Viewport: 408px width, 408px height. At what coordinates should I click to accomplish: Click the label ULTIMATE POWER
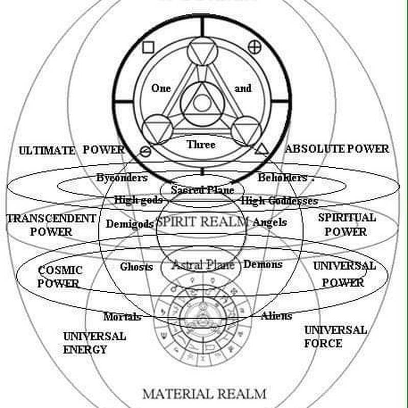coord(71,150)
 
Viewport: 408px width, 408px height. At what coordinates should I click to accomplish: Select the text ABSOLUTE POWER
coord(337,149)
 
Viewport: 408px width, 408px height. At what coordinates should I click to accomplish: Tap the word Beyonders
coord(122,178)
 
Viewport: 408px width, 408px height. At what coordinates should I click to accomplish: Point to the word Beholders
coord(283,178)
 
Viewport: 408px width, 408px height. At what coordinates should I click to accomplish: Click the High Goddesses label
coord(279,201)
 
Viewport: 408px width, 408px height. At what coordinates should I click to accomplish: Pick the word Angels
coord(270,222)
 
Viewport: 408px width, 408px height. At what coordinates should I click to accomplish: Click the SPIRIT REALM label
coord(202,222)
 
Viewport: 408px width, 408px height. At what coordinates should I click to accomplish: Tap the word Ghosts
coord(136,267)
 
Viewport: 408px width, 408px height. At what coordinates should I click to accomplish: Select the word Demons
coord(263,265)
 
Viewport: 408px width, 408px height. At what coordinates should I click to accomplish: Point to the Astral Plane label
coord(203,265)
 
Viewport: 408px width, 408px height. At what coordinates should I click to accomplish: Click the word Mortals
coord(122,317)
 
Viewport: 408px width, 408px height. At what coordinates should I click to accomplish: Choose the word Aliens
coord(276,316)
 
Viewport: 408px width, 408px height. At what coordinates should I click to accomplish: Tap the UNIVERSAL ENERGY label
coord(94,343)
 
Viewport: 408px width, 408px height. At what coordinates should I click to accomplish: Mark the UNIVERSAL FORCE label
coord(335,337)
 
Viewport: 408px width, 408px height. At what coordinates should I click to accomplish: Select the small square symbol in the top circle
coord(148,48)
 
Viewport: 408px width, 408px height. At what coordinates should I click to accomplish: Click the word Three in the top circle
coord(201,145)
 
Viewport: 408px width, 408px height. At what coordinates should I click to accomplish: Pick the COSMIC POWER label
coord(59,276)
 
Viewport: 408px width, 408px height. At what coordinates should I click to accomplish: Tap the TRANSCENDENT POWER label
coord(51,225)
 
